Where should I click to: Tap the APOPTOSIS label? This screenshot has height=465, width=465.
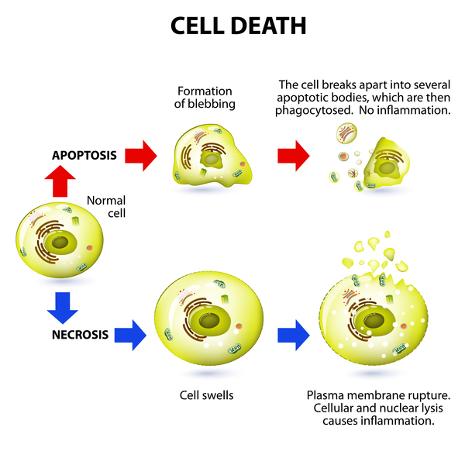84,155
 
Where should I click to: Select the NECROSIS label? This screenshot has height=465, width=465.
84,335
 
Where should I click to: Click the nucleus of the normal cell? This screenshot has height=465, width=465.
59,243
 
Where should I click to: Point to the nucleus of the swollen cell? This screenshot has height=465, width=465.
207,319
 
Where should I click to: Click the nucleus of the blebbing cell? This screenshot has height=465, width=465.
210,159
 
